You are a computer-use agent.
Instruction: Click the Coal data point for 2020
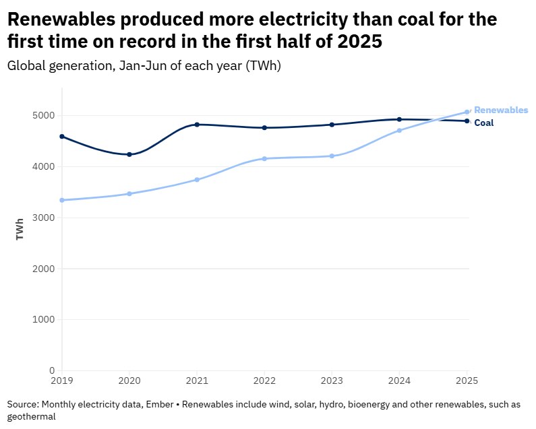[x=129, y=154]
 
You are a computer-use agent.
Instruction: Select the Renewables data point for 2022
[x=264, y=158]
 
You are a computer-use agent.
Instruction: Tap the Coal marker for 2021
[x=197, y=125]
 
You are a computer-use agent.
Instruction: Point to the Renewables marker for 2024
[x=399, y=130]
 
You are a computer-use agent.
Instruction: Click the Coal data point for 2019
[x=62, y=136]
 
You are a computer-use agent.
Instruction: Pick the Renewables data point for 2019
[x=62, y=200]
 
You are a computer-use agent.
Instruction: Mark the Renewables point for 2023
[x=332, y=156]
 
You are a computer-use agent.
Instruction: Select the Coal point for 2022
[x=264, y=127]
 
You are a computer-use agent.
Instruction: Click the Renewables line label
[x=501, y=110]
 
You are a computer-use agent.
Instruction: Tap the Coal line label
[x=484, y=123]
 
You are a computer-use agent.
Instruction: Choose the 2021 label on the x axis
[x=197, y=381]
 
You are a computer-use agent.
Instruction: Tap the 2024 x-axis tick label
[x=399, y=381]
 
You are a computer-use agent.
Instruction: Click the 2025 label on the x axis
[x=467, y=381]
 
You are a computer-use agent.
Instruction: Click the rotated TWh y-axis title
[x=20, y=229]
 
